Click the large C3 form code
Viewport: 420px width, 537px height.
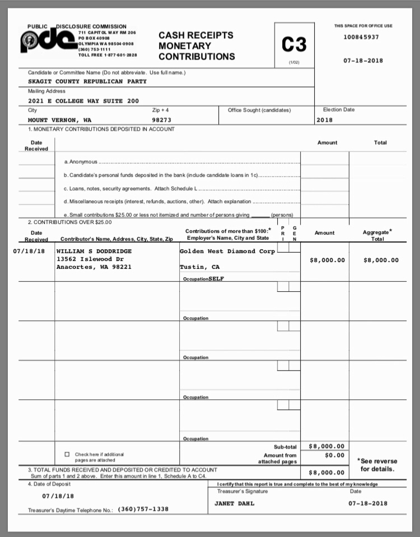(x=294, y=44)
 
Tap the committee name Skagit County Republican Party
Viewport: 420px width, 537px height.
(x=87, y=81)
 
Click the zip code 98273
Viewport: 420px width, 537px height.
(x=161, y=120)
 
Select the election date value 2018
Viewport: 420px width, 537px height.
(x=324, y=120)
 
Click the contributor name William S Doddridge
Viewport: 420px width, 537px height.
(x=94, y=251)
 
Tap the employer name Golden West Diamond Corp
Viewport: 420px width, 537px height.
(x=227, y=251)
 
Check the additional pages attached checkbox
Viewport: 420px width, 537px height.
(x=67, y=454)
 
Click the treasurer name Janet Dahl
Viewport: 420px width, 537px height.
(x=234, y=503)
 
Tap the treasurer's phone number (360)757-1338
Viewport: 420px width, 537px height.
(x=143, y=510)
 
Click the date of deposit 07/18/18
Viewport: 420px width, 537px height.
(x=58, y=496)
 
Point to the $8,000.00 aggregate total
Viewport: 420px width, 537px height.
(x=381, y=260)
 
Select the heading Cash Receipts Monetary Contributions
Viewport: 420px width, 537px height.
(x=197, y=46)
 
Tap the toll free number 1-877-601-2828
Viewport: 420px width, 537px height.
(x=116, y=55)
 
